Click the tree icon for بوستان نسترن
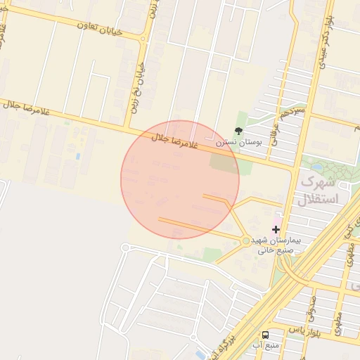coord(239,131)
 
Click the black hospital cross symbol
coord(276,229)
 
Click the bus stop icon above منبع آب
coord(266,335)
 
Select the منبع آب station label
coord(266,345)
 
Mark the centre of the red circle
coord(180,180)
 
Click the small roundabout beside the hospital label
coord(245,241)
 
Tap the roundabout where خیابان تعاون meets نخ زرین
coord(147,33)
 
